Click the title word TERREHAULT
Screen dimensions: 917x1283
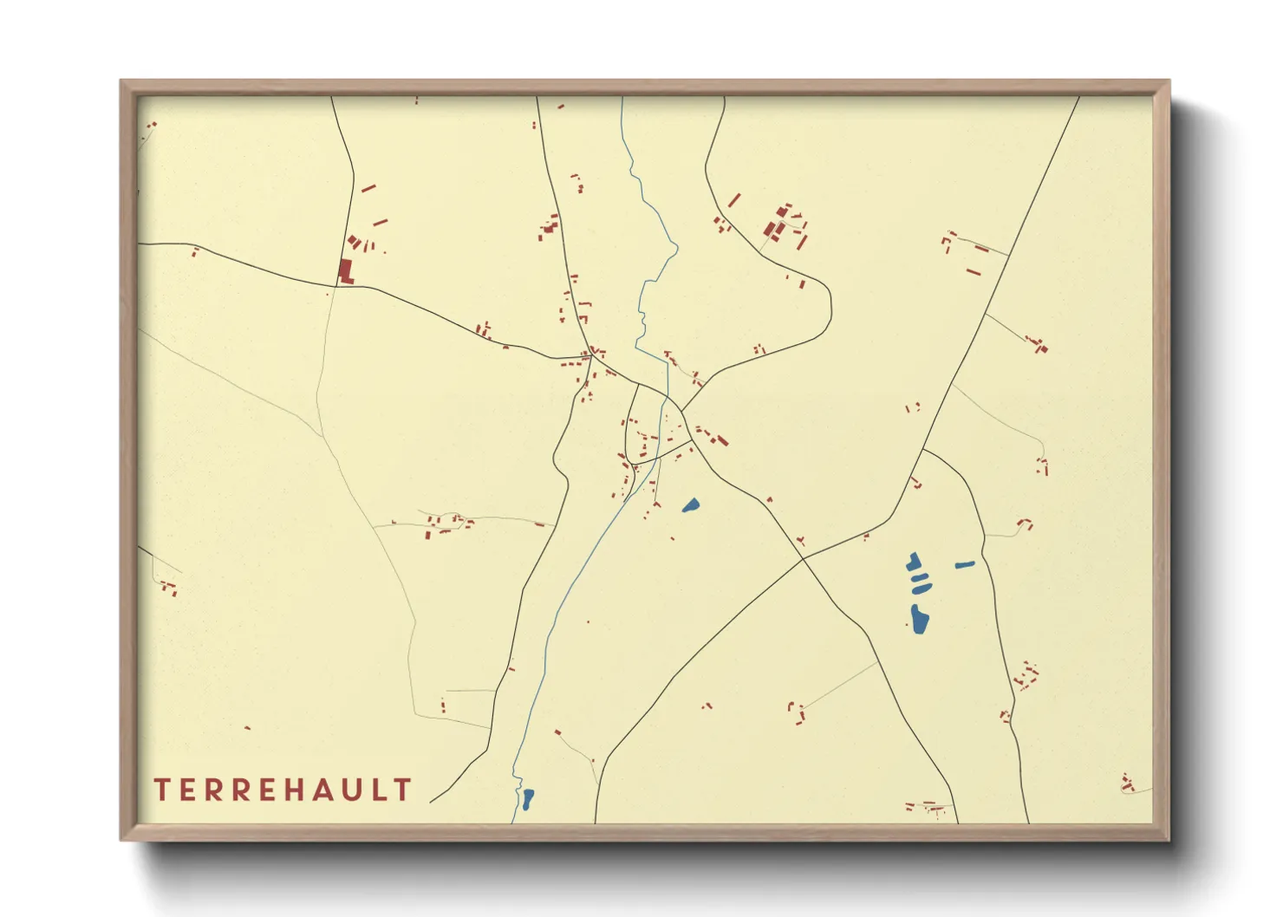282,790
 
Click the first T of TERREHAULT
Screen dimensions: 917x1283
161,790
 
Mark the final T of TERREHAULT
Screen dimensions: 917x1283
403,790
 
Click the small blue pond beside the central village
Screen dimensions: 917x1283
690,505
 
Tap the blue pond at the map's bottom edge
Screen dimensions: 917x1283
527,797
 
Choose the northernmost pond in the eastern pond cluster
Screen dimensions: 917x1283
914,562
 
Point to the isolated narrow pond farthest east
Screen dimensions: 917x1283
964,565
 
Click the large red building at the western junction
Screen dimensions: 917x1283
345,271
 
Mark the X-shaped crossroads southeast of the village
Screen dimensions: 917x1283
804,556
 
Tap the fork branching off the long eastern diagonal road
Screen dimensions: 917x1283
924,449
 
